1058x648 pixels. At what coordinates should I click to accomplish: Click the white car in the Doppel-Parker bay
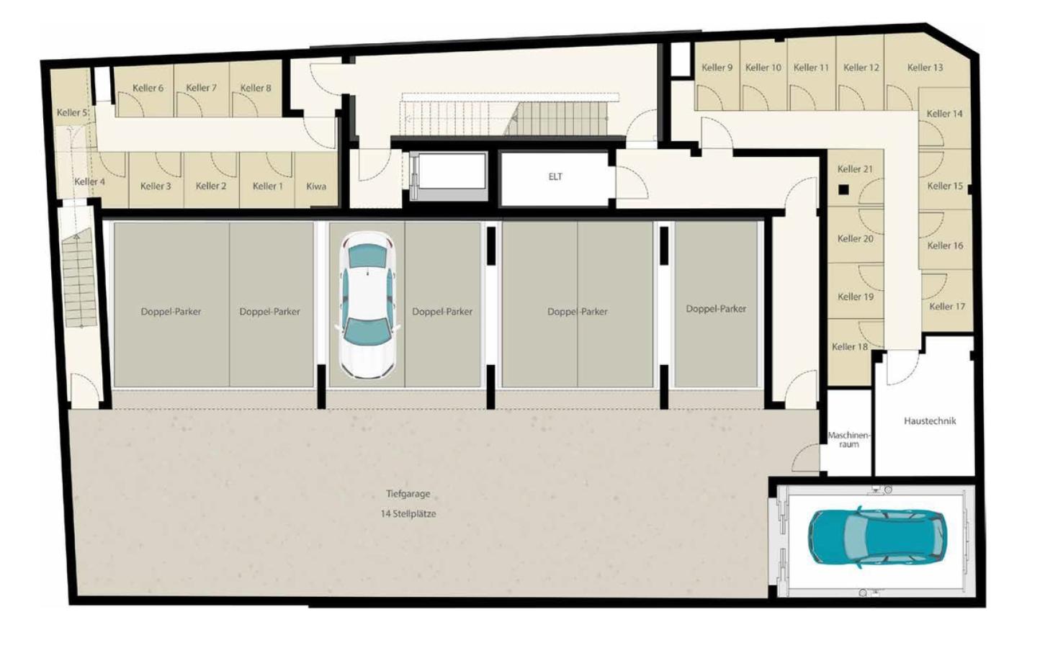pyautogui.click(x=367, y=305)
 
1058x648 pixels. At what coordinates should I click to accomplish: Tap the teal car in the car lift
pyautogui.click(x=877, y=538)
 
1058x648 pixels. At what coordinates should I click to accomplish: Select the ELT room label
pyautogui.click(x=555, y=176)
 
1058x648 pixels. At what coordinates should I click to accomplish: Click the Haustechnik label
pyautogui.click(x=930, y=420)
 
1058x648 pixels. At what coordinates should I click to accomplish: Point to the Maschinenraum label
pyautogui.click(x=848, y=440)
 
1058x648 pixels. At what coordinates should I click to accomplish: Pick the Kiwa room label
pyautogui.click(x=316, y=186)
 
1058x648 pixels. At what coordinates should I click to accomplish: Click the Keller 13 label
pyautogui.click(x=925, y=68)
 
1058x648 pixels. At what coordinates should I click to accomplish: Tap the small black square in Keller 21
pyautogui.click(x=843, y=190)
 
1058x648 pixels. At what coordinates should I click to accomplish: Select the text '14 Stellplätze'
pyautogui.click(x=408, y=514)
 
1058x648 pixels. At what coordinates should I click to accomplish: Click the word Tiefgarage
pyautogui.click(x=408, y=494)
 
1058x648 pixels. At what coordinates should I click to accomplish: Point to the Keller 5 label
pyautogui.click(x=72, y=112)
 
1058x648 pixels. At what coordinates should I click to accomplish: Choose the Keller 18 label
pyautogui.click(x=850, y=346)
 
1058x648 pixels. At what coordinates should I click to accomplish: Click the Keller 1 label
pyautogui.click(x=268, y=186)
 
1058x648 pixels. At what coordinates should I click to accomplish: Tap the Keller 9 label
pyautogui.click(x=717, y=68)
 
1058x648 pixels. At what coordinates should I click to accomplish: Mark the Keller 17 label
pyautogui.click(x=948, y=307)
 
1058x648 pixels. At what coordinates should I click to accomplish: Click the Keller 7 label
pyautogui.click(x=201, y=88)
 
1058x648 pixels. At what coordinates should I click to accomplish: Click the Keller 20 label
pyautogui.click(x=856, y=239)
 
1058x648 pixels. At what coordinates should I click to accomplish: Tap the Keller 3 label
pyautogui.click(x=156, y=186)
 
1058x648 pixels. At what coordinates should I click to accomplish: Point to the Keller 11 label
pyautogui.click(x=811, y=68)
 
